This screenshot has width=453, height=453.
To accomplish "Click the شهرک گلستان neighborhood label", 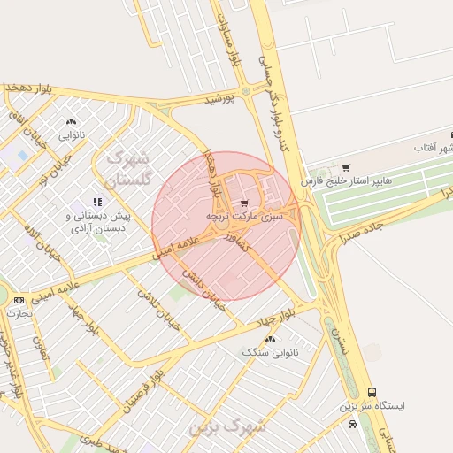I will [x=129, y=169].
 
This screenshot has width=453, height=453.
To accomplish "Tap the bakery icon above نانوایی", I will [x=71, y=122].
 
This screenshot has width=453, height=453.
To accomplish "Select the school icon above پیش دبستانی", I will [x=97, y=203].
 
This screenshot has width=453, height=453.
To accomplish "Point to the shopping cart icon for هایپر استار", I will [x=346, y=167].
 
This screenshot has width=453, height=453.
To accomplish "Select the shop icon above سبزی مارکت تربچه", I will [x=244, y=203].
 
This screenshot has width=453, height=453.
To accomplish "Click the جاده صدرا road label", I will [x=359, y=227].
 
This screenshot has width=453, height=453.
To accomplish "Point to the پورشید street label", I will [x=222, y=99].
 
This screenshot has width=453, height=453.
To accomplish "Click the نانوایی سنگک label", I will [x=270, y=352].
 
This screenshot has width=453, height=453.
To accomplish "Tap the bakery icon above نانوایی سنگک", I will [x=270, y=339].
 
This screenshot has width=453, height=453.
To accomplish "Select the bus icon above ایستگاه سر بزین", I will [x=372, y=392].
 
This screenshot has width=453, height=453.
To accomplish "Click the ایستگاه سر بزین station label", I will [x=372, y=406].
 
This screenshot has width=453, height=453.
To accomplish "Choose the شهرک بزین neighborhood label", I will [x=226, y=426].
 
